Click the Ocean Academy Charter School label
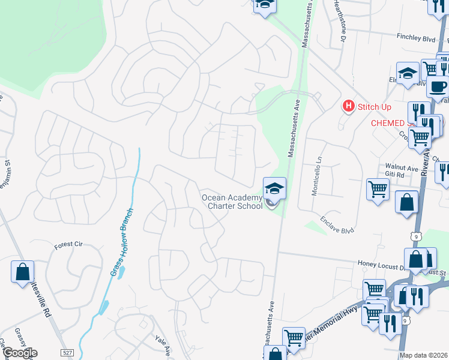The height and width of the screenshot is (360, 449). tap(232, 202)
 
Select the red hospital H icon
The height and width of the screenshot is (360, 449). tap(348, 107)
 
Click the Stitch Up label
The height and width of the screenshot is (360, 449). tap(374, 107)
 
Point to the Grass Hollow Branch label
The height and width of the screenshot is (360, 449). tap(122, 242)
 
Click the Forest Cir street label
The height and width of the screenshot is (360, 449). tap(67, 245)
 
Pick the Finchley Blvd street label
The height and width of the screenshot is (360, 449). tap(415, 37)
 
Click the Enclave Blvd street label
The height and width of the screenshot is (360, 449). tap(337, 225)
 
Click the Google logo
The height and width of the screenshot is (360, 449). tap(19, 352)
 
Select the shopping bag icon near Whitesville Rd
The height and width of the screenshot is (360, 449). tap(22, 271)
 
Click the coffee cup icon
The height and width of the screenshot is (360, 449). tap(438, 86)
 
